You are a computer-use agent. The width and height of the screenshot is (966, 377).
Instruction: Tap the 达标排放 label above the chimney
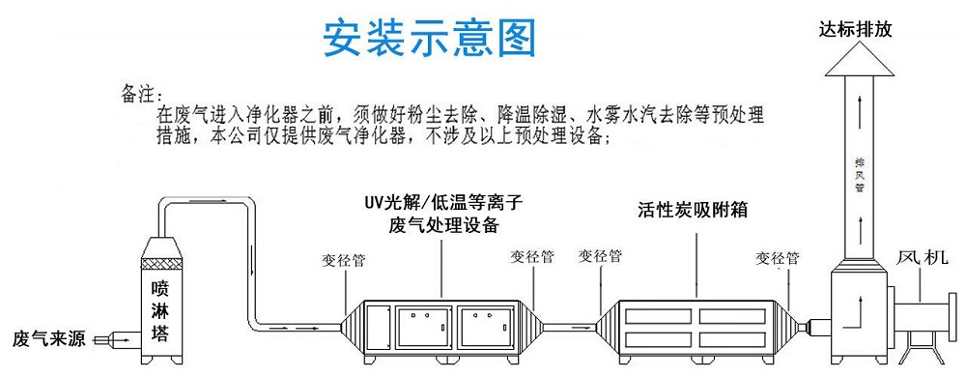tap(857, 30)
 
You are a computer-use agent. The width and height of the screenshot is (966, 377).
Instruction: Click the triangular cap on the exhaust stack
tap(856, 59)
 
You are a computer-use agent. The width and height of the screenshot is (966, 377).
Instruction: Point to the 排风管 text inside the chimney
tap(858, 175)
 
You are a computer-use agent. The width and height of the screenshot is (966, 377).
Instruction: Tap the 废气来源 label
tap(50, 339)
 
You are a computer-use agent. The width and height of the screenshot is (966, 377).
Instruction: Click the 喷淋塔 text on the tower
tap(167, 308)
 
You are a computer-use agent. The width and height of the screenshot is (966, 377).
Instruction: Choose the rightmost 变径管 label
tap(777, 258)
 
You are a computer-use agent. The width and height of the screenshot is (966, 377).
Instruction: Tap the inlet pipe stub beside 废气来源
tap(119, 339)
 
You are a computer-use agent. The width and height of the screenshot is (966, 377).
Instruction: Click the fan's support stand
tap(922, 349)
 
